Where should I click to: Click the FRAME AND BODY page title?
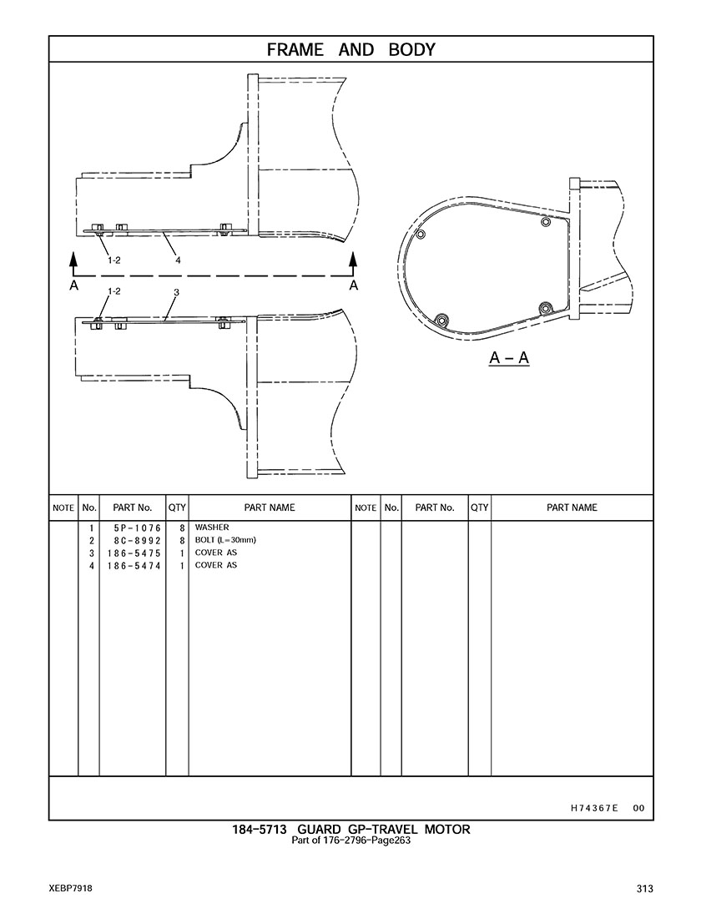click(x=350, y=50)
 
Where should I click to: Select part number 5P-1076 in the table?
click(x=138, y=528)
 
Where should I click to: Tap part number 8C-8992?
click(x=138, y=541)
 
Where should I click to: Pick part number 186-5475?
click(x=134, y=553)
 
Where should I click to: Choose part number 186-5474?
click(x=134, y=566)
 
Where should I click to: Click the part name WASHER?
click(x=212, y=528)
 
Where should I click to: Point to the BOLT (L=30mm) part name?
click(x=225, y=540)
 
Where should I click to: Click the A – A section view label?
click(x=509, y=358)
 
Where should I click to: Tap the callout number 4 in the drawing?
click(x=178, y=260)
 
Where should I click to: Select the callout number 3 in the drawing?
click(x=177, y=293)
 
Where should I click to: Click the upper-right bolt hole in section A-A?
click(x=545, y=221)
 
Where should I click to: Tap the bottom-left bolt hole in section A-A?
click(x=441, y=320)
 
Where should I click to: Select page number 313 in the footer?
click(x=645, y=889)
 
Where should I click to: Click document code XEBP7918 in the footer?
click(x=70, y=889)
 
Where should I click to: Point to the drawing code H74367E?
click(x=594, y=808)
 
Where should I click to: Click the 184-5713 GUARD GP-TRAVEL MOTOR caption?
click(x=351, y=830)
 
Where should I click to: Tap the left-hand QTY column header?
click(x=177, y=508)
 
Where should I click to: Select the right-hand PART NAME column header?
click(x=572, y=508)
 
